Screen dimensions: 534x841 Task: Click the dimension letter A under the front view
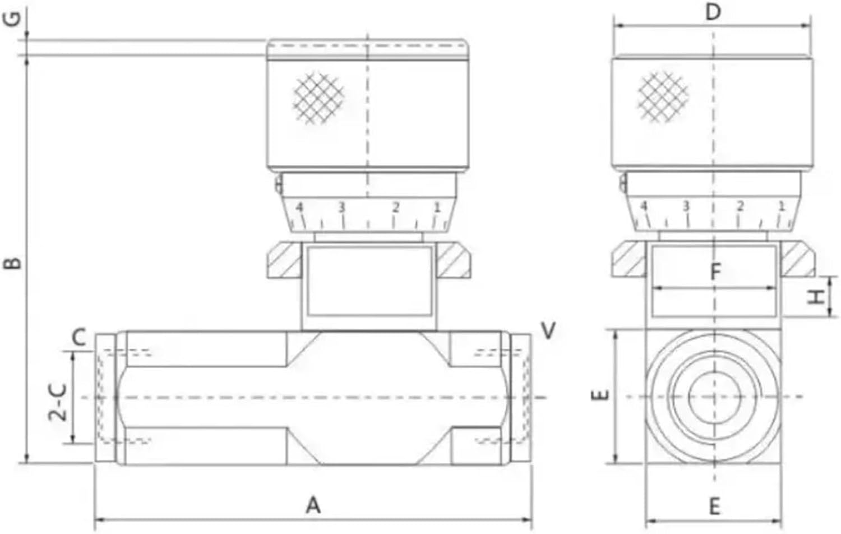pos(313,505)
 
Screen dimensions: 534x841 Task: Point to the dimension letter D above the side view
pos(713,11)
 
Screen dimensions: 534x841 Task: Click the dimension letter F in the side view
pos(715,273)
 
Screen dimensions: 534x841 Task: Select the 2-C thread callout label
pos(58,402)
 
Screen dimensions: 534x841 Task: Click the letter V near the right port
pos(548,330)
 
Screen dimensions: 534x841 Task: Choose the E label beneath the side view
pos(714,507)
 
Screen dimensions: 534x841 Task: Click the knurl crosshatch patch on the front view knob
pos(318,98)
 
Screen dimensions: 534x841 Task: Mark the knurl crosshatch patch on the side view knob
pos(663,97)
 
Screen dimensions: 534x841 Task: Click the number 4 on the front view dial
pos(299,208)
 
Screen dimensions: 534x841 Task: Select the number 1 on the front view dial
pos(437,207)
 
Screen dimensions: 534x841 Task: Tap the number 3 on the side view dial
pos(685,206)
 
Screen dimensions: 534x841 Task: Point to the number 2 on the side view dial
pos(740,206)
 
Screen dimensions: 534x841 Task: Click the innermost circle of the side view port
pos(714,396)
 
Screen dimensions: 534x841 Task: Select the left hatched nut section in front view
pos(284,259)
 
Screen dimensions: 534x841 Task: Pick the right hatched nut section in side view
pos(797,258)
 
